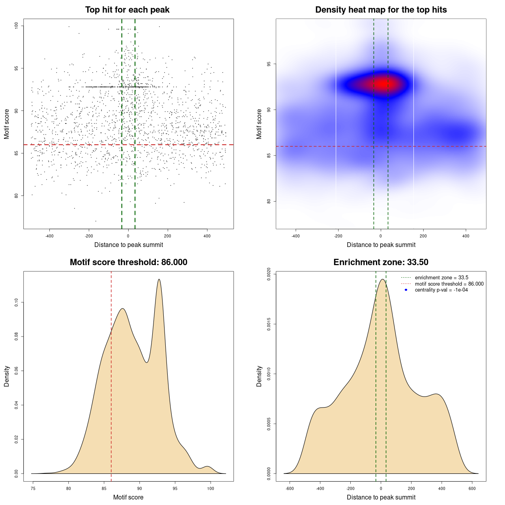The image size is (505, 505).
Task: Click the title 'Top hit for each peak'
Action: [x=127, y=10]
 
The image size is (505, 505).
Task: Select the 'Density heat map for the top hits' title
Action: [x=381, y=10]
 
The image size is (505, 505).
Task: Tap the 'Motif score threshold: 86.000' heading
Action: [x=128, y=262]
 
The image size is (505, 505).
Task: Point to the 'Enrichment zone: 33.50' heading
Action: [x=381, y=262]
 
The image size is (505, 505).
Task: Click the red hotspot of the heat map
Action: [x=382, y=84]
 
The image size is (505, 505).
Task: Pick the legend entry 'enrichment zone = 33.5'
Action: [x=441, y=278]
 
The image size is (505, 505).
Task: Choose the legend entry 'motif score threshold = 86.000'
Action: [x=449, y=284]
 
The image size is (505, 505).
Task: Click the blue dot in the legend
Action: [x=406, y=290]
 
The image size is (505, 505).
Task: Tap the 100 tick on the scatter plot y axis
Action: [x=17, y=26]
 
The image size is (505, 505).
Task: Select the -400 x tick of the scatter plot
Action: [x=49, y=236]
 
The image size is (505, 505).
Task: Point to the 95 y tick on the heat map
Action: [x=269, y=64]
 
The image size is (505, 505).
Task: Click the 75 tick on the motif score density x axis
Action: [x=33, y=488]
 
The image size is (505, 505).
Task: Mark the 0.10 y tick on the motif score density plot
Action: [x=17, y=303]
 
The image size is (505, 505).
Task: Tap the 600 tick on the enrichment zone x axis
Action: [x=472, y=488]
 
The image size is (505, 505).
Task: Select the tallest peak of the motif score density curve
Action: [x=159, y=279]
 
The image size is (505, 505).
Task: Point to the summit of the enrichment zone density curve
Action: [x=382, y=279]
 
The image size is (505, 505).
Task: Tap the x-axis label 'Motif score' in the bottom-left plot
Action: [x=128, y=498]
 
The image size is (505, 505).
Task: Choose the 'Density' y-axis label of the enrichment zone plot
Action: [x=259, y=376]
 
